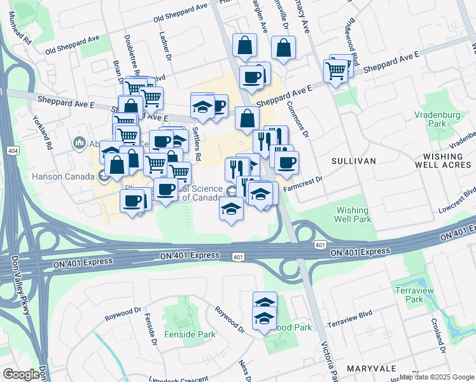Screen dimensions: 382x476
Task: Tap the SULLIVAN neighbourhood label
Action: coord(354,162)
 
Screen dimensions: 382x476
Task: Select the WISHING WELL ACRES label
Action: coord(448,160)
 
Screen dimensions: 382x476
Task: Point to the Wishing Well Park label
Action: coord(353,215)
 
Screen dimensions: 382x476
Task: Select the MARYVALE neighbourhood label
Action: coord(372,369)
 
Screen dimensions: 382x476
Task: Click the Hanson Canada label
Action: coord(61,176)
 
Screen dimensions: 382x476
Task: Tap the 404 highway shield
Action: coord(13,151)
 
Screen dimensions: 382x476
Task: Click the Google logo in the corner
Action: coord(21,374)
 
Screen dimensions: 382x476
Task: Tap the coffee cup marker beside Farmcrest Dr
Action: coord(286,162)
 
